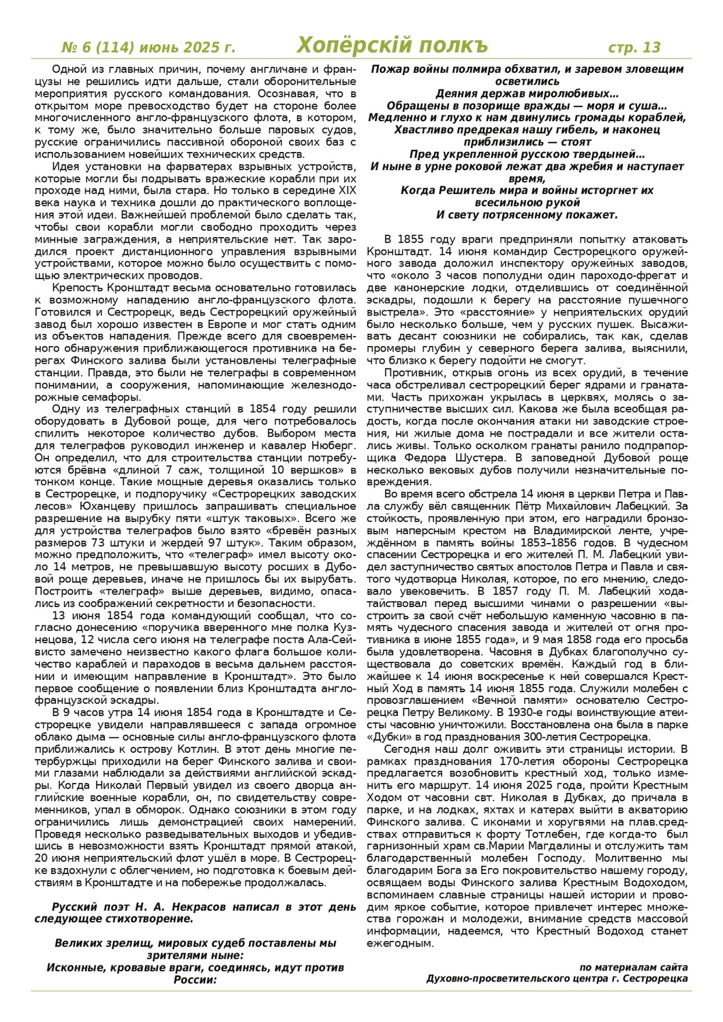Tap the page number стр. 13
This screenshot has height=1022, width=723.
634,47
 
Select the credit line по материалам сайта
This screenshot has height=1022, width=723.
634,967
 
